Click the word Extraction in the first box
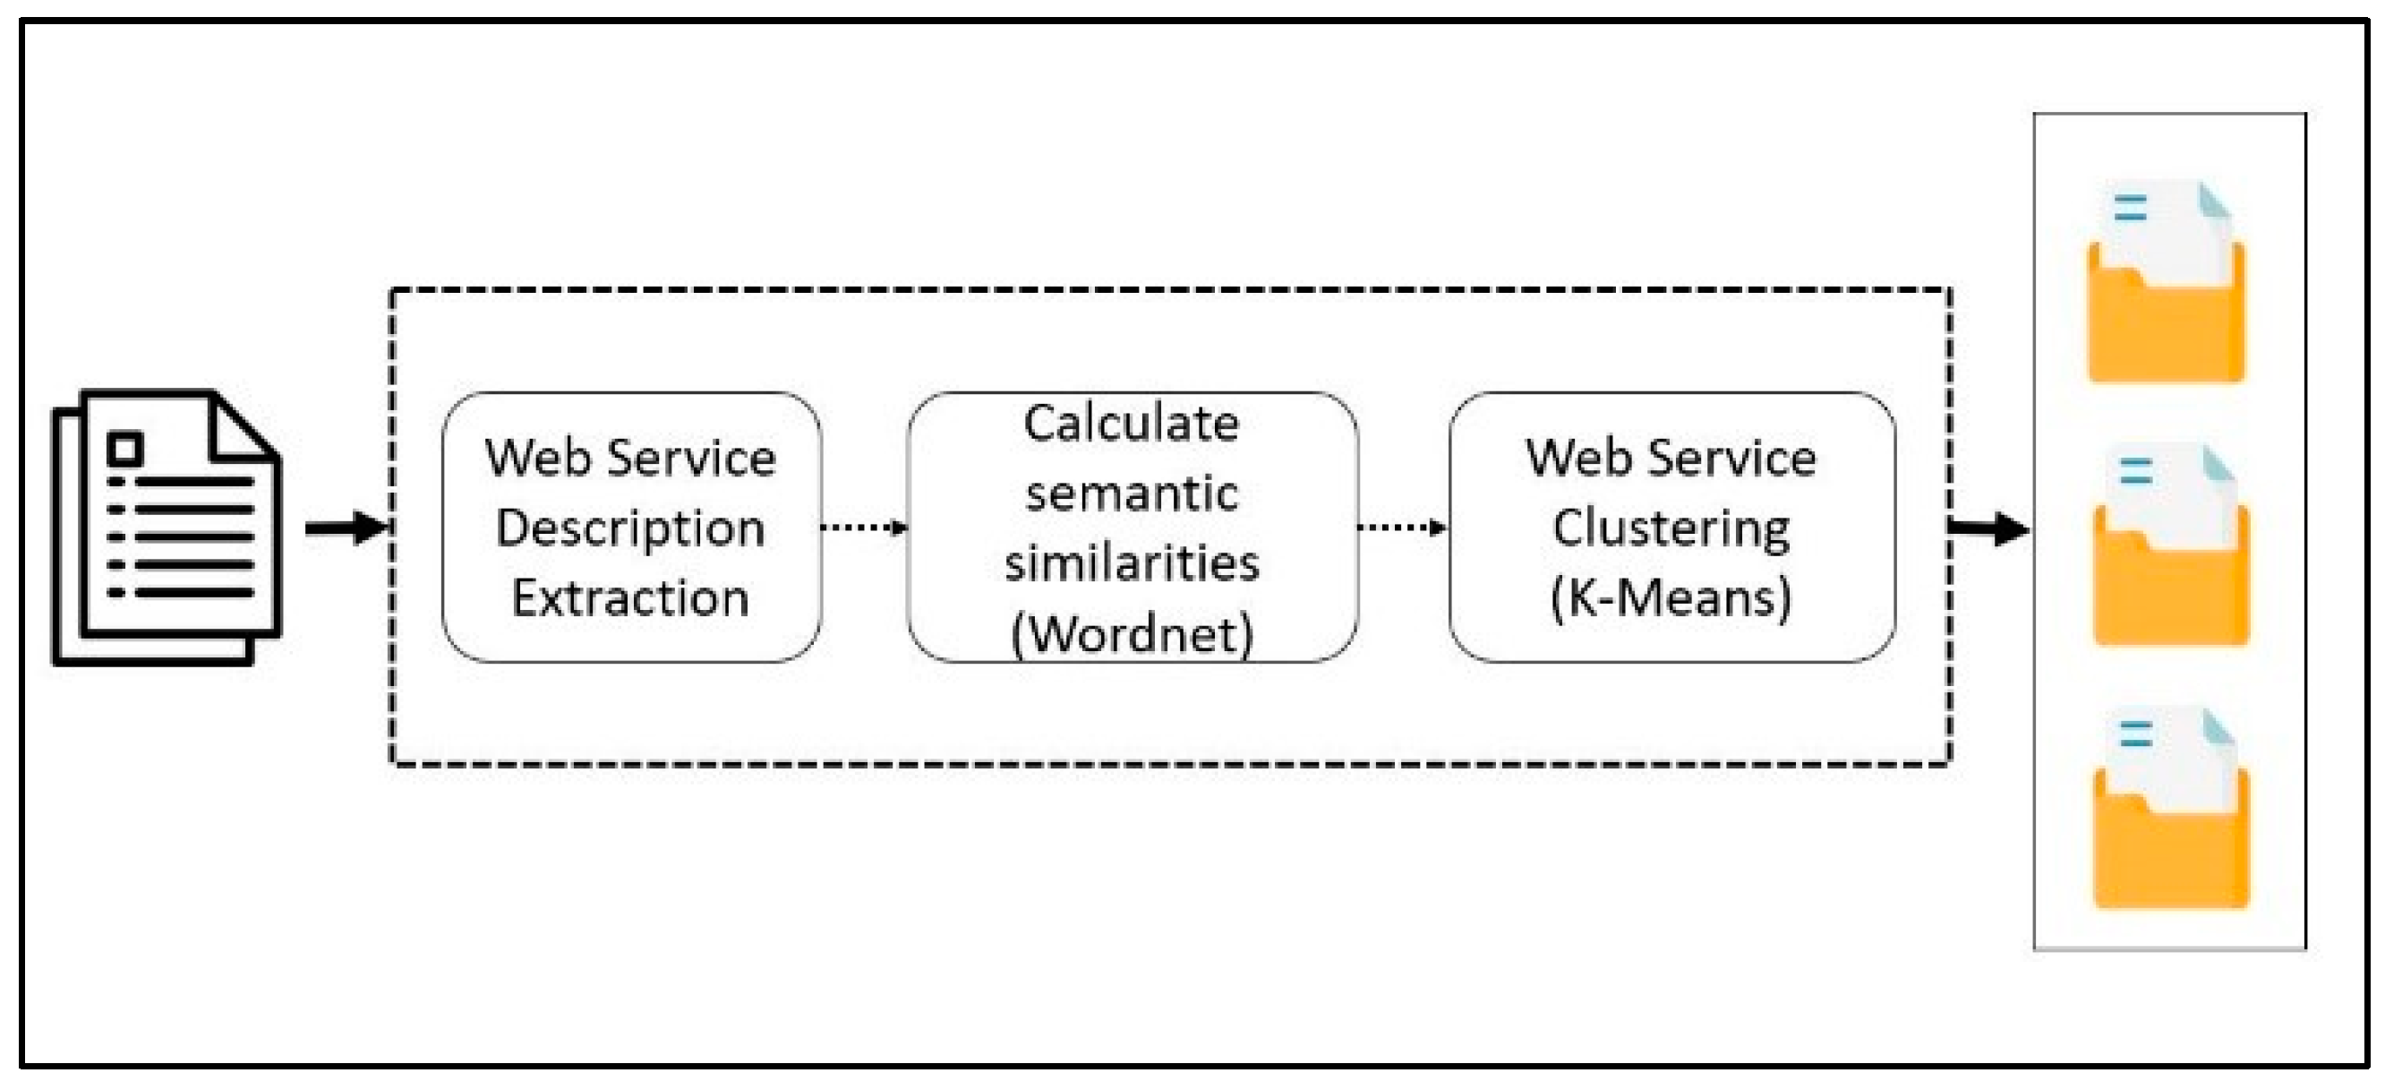point(630,597)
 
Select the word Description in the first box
point(630,528)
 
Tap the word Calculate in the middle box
point(1132,425)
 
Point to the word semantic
point(1132,493)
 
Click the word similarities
point(1132,563)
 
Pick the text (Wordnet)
point(1132,634)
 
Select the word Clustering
point(1671,528)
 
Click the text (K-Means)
point(1671,597)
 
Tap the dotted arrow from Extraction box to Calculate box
point(864,527)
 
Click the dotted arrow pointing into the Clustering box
point(1402,527)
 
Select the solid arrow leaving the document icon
point(346,528)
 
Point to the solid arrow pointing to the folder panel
point(1988,528)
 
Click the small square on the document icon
point(125,449)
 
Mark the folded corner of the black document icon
point(243,428)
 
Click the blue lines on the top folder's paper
point(2131,208)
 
